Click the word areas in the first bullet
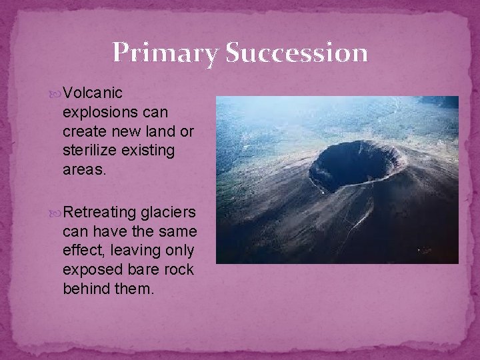coord(84,170)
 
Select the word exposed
coord(89,270)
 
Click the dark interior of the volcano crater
coord(350,163)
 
